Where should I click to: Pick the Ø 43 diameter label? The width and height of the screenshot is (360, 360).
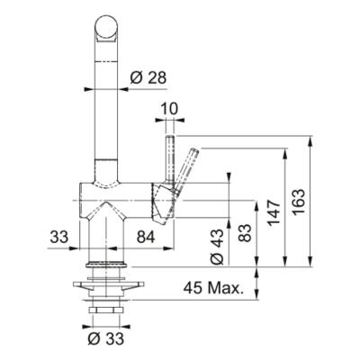point(217,244)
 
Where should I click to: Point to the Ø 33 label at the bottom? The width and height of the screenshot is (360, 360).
point(105,340)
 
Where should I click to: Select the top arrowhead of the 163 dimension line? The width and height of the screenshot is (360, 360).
point(311,140)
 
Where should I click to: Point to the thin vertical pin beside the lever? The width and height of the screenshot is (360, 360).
point(169,157)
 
